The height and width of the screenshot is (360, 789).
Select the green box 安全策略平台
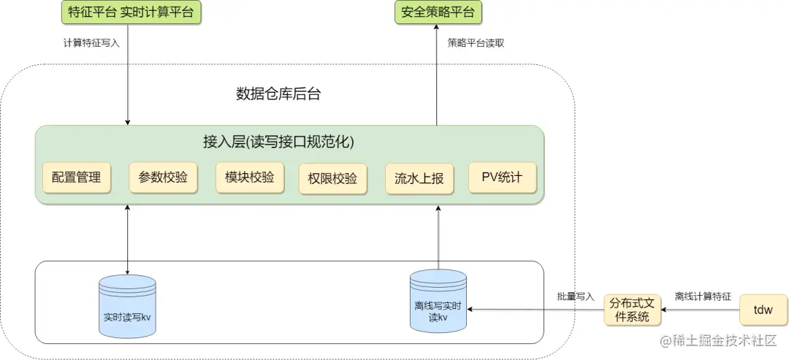coord(438,12)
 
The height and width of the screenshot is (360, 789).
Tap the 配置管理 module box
coord(77,177)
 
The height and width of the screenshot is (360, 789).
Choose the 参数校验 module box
coord(163,177)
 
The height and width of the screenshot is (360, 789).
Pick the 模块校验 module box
coord(249,177)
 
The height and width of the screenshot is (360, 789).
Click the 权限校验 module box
coord(332,178)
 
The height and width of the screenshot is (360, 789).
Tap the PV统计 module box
coord(502,177)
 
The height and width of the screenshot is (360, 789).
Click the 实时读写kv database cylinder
coord(127,306)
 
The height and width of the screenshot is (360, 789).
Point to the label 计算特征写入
coord(91,43)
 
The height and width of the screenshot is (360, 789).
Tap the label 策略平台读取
coord(476,43)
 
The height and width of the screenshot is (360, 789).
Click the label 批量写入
coord(576,296)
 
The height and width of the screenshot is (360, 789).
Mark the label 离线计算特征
coord(703,296)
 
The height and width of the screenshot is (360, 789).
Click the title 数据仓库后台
coord(278,94)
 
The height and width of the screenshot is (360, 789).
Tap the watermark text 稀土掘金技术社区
coord(723,342)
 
